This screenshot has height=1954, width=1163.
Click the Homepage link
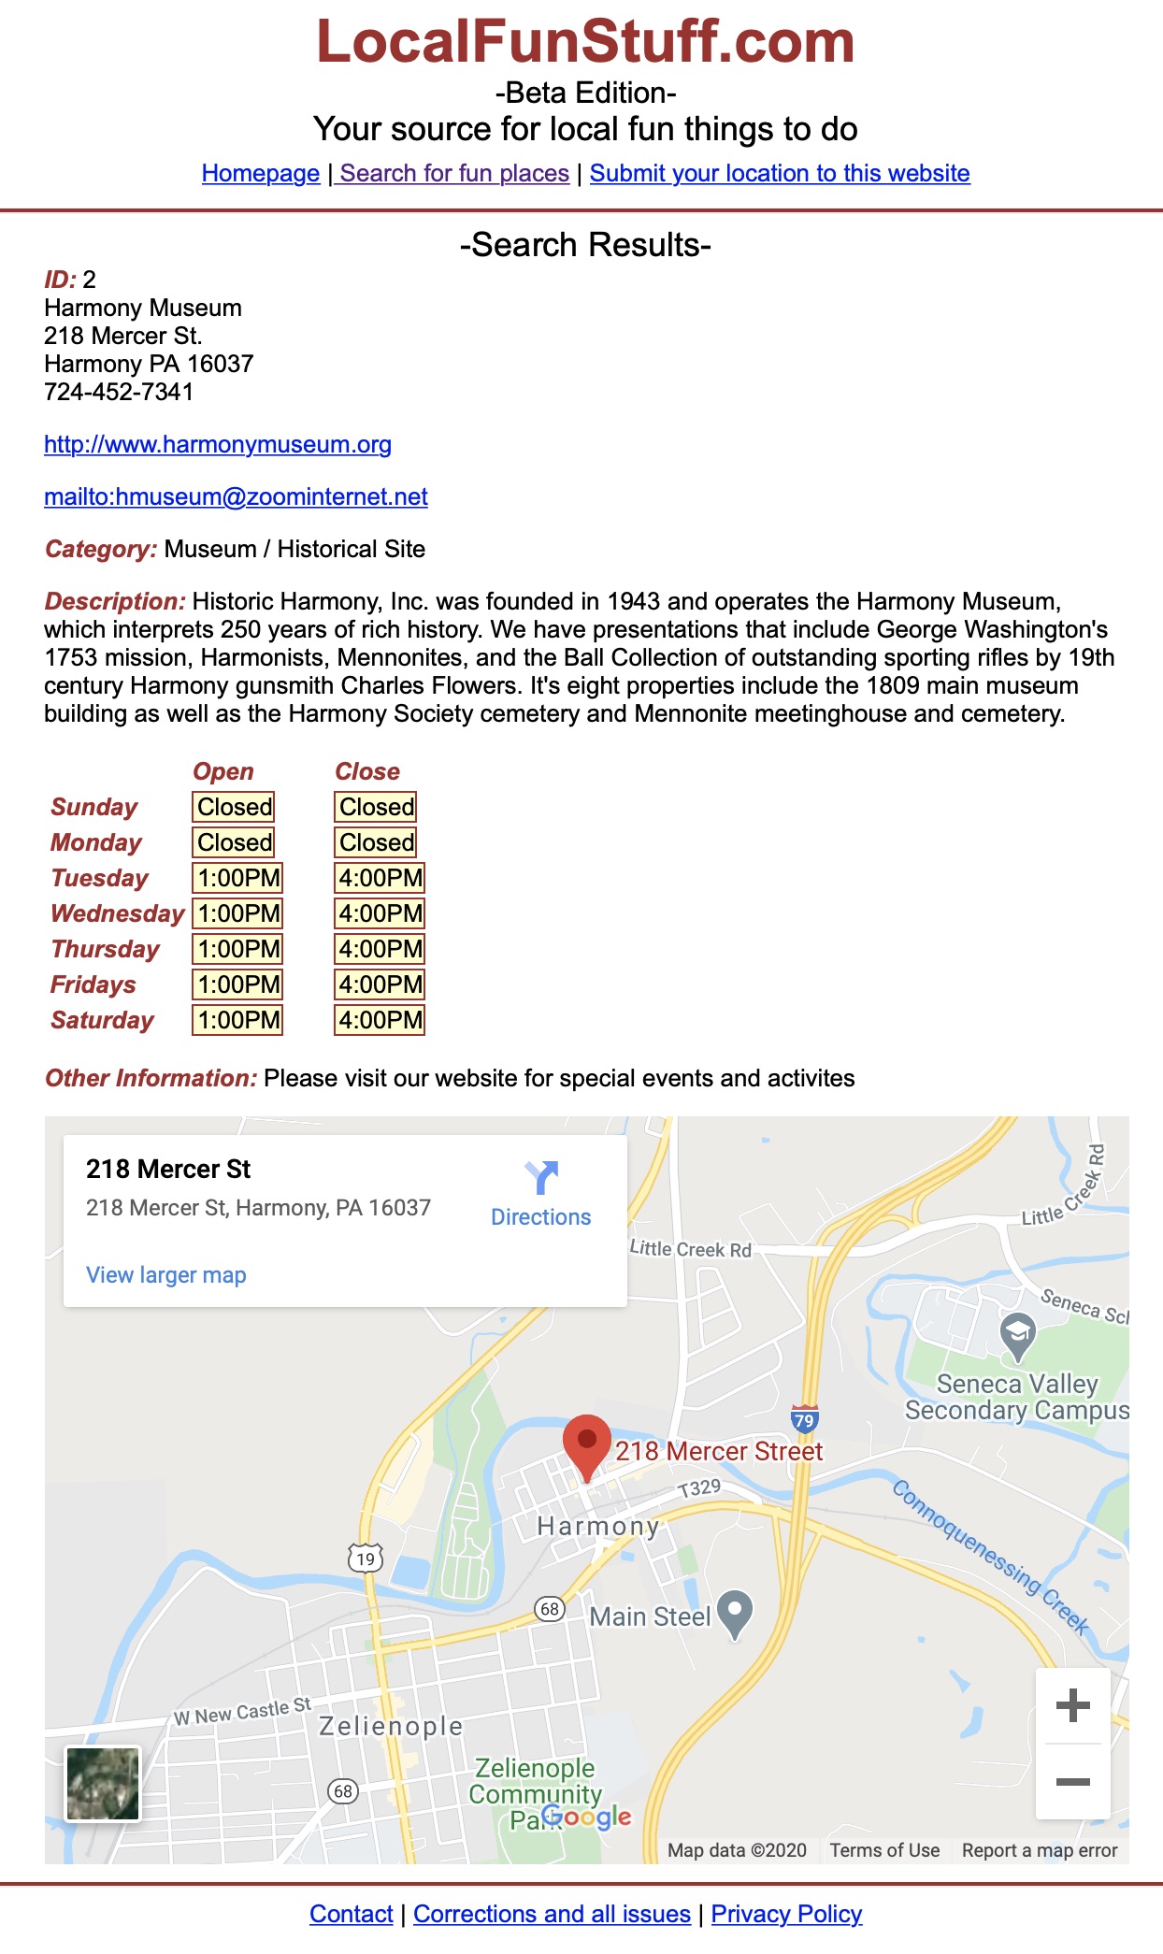(x=260, y=173)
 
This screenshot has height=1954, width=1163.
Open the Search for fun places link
(x=453, y=173)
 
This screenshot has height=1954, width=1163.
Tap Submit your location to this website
(x=779, y=173)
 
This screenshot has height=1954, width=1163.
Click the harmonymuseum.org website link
(x=217, y=444)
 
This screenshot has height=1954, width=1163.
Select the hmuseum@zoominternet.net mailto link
(x=236, y=496)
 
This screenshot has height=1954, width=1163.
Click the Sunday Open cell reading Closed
(x=234, y=807)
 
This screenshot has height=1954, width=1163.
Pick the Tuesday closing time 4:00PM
(x=380, y=878)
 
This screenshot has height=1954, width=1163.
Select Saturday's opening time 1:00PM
(x=237, y=1020)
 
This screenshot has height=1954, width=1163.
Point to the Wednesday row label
(x=117, y=913)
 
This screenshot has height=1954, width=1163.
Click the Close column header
(x=366, y=771)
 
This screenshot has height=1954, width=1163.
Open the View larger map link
(x=165, y=1275)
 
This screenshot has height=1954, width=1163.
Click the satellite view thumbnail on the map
(x=102, y=1783)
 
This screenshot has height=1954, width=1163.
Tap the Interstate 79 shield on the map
(x=804, y=1419)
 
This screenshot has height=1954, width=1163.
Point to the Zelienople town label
(x=391, y=1726)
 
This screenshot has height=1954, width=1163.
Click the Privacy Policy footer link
(x=786, y=1914)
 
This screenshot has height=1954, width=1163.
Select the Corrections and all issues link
(x=552, y=1914)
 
